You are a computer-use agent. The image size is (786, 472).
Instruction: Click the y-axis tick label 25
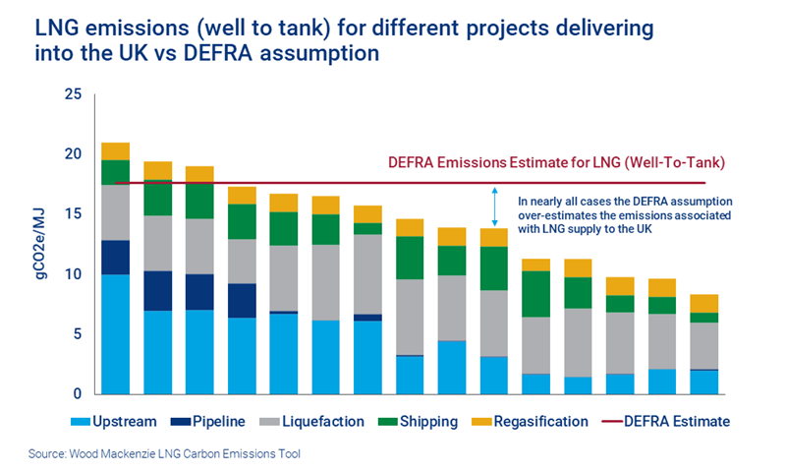point(73,94)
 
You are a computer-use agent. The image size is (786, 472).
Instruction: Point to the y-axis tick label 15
point(73,214)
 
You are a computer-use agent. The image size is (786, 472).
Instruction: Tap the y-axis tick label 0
point(77,394)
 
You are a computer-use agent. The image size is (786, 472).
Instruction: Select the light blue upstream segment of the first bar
point(116,334)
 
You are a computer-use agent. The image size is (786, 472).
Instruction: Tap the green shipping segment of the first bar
point(116,172)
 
